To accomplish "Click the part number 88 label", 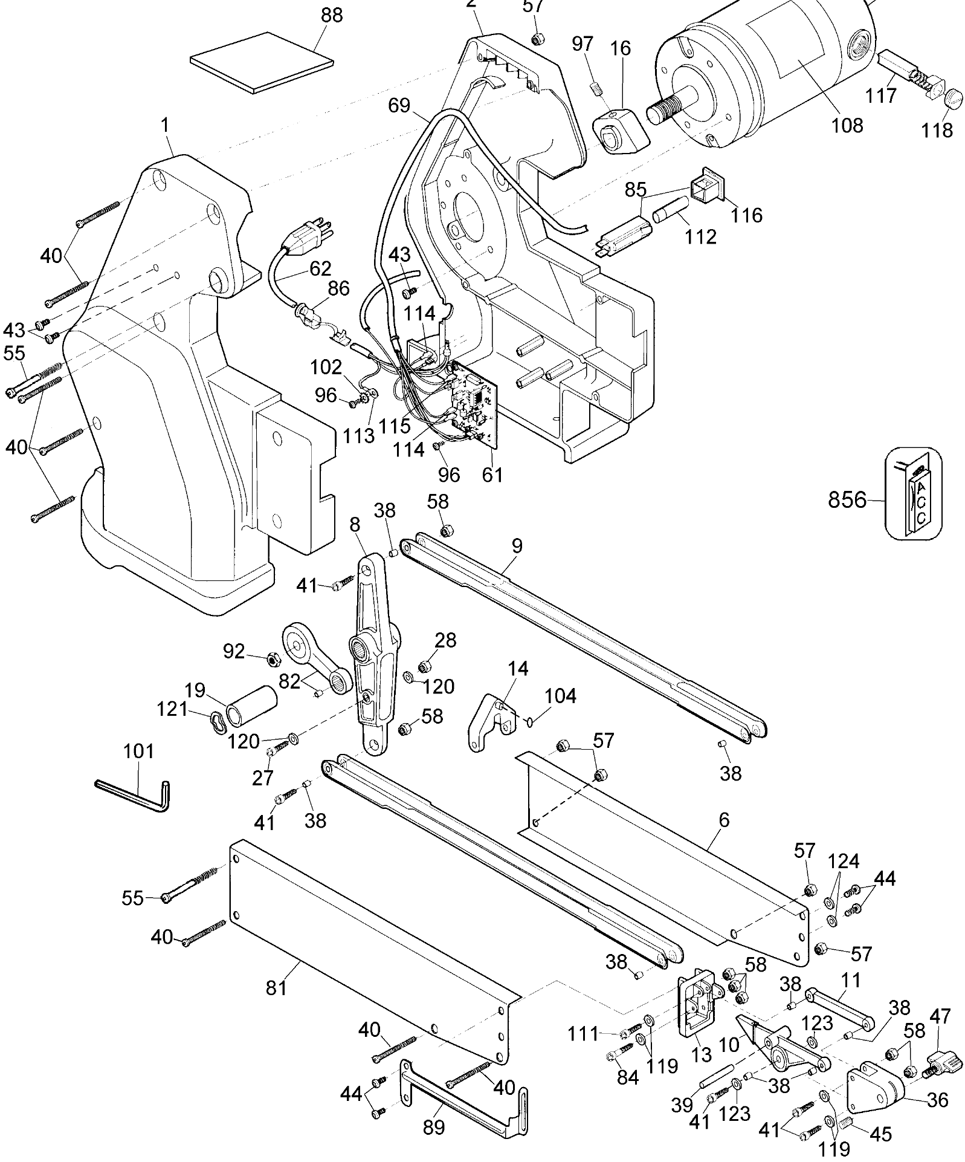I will (x=332, y=16).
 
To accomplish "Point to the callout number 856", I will (x=847, y=500).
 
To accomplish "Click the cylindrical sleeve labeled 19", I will (x=252, y=705).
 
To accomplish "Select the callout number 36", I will (x=937, y=1099).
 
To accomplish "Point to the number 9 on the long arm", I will (x=517, y=546).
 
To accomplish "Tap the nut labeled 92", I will (x=272, y=658).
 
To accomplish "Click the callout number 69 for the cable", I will (x=399, y=106).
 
